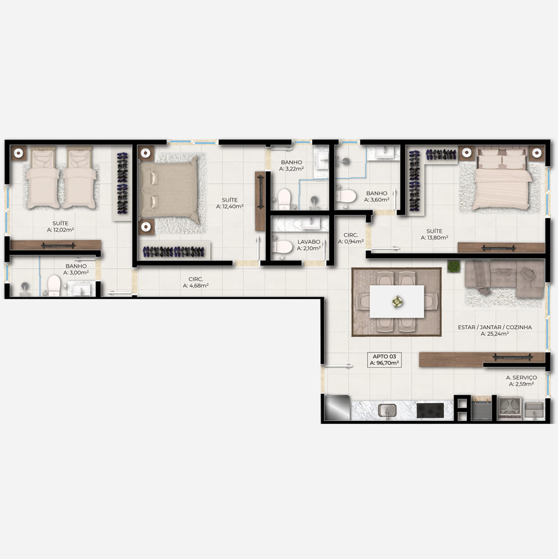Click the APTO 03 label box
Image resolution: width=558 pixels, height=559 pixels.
[384, 360]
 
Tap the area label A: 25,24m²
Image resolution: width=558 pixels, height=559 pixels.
[495, 334]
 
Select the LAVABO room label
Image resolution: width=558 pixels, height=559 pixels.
[308, 241]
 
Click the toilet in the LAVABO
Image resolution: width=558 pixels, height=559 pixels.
[282, 246]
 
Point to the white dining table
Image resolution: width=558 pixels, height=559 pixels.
[396, 302]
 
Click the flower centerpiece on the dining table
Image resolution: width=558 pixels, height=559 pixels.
[397, 302]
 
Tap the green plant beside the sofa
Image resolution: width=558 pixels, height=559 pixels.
[453, 266]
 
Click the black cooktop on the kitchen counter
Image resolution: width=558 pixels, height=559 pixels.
[431, 410]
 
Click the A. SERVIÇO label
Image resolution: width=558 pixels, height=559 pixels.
[521, 378]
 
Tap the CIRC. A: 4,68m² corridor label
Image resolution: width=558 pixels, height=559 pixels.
[196, 283]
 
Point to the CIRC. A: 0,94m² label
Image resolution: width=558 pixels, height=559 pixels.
[351, 238]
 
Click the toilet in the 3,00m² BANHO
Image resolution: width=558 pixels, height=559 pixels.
[54, 285]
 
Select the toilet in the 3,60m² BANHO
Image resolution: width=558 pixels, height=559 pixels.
[346, 196]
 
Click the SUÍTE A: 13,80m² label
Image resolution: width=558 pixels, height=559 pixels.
[434, 235]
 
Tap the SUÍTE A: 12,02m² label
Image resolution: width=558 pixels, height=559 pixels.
[60, 227]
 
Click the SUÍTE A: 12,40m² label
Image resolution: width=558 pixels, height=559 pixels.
[229, 203]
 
